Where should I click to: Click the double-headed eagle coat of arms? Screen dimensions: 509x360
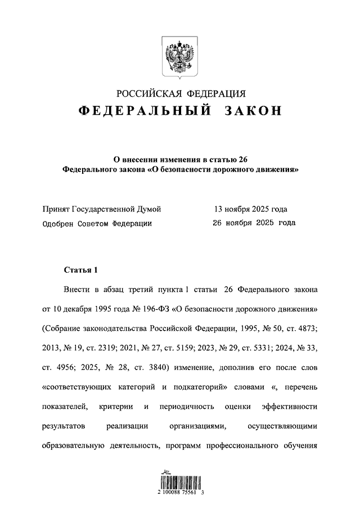[x=179, y=56]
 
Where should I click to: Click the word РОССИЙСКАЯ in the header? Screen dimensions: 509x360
[x=148, y=93]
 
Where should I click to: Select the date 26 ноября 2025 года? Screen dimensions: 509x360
[x=253, y=223]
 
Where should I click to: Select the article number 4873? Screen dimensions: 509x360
[x=306, y=328]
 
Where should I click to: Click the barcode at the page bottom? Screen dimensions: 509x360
[x=180, y=481]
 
